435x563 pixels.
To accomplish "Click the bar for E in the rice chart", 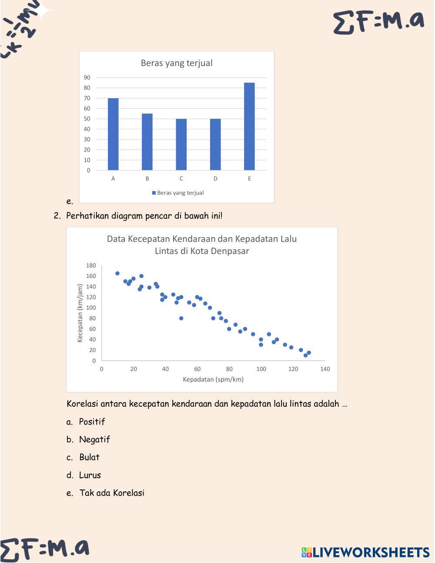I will point(249,126).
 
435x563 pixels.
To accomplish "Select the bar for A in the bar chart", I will point(113,134).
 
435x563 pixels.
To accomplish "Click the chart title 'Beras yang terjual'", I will point(177,63).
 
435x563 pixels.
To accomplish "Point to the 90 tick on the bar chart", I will point(87,77).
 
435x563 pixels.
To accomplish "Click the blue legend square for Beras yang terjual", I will point(154,193).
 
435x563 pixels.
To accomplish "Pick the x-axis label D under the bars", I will point(215,178).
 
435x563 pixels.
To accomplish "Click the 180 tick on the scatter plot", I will point(91,265).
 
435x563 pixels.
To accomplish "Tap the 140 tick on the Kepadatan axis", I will point(325,369).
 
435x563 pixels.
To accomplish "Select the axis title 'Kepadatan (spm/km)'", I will point(213,379).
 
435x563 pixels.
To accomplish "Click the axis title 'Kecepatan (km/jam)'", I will point(80,313).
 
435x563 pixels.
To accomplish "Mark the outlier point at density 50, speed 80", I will point(181,318).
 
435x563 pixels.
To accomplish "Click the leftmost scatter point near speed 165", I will point(117,273).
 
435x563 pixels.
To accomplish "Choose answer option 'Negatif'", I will point(94,439).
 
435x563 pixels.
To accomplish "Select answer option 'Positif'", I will point(92,422).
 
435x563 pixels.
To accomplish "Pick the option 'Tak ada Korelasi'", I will point(112,493).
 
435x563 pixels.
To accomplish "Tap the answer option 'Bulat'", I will point(89,457).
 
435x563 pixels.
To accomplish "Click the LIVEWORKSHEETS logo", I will point(365,552).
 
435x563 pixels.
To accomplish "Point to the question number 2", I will point(57,216).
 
